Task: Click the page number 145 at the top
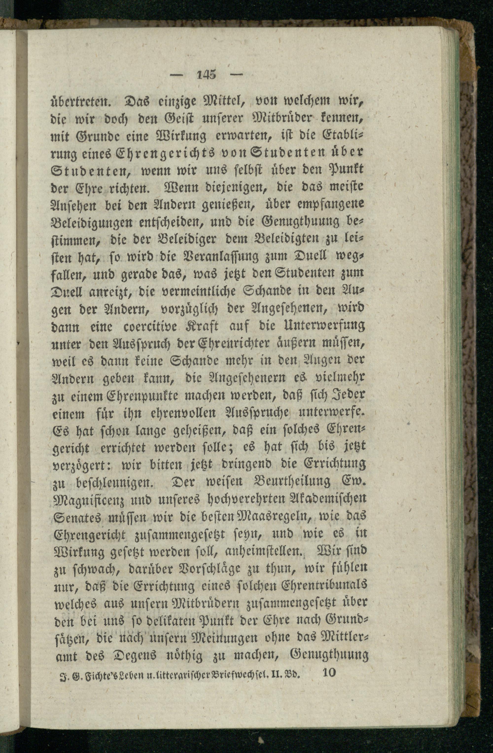206,75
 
